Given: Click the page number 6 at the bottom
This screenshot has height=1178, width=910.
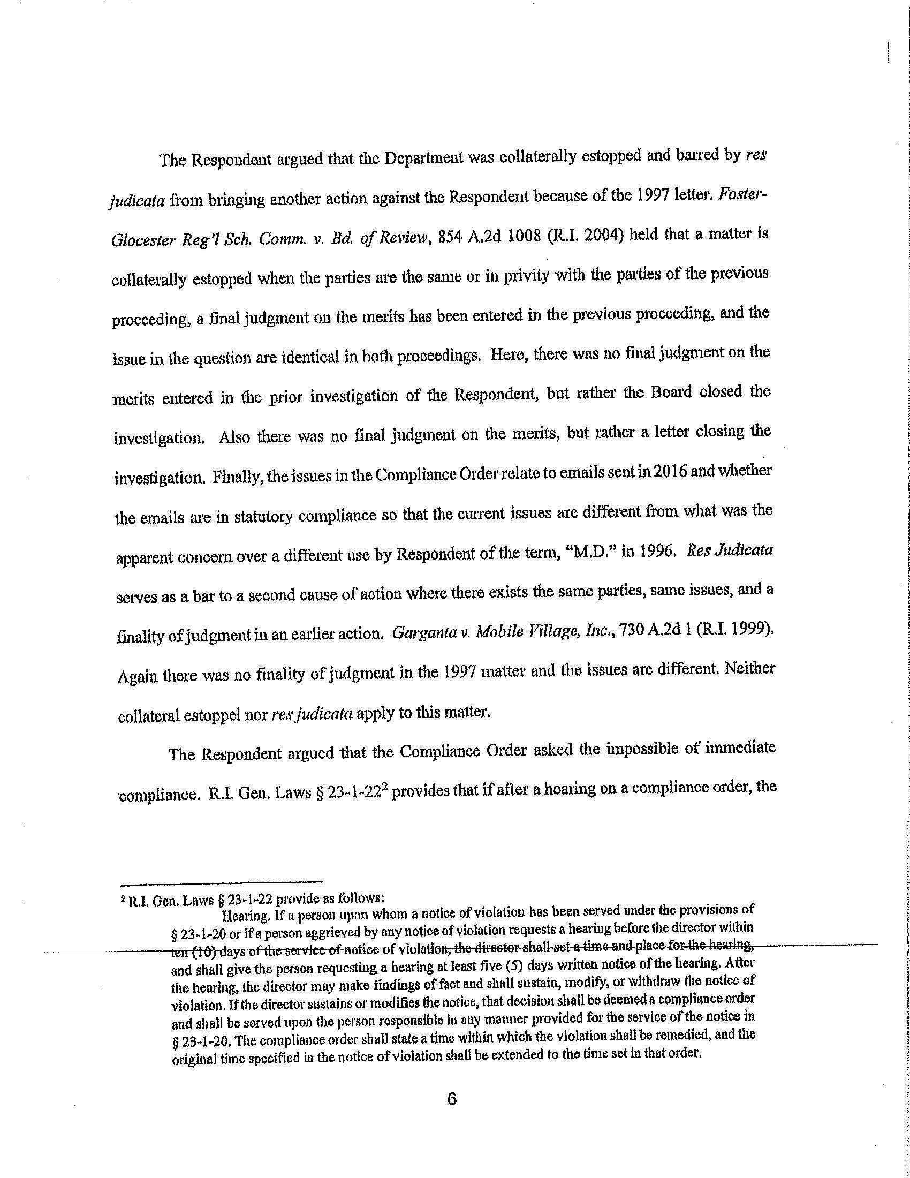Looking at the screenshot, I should [x=452, y=1099].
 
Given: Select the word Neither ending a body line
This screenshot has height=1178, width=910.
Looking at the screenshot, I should [x=750, y=669].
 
